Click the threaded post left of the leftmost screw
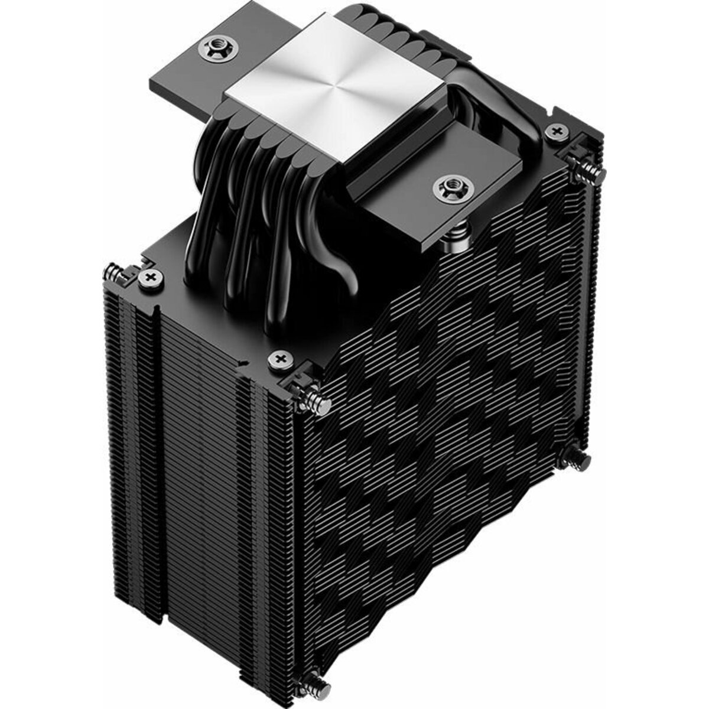[x=113, y=272]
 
